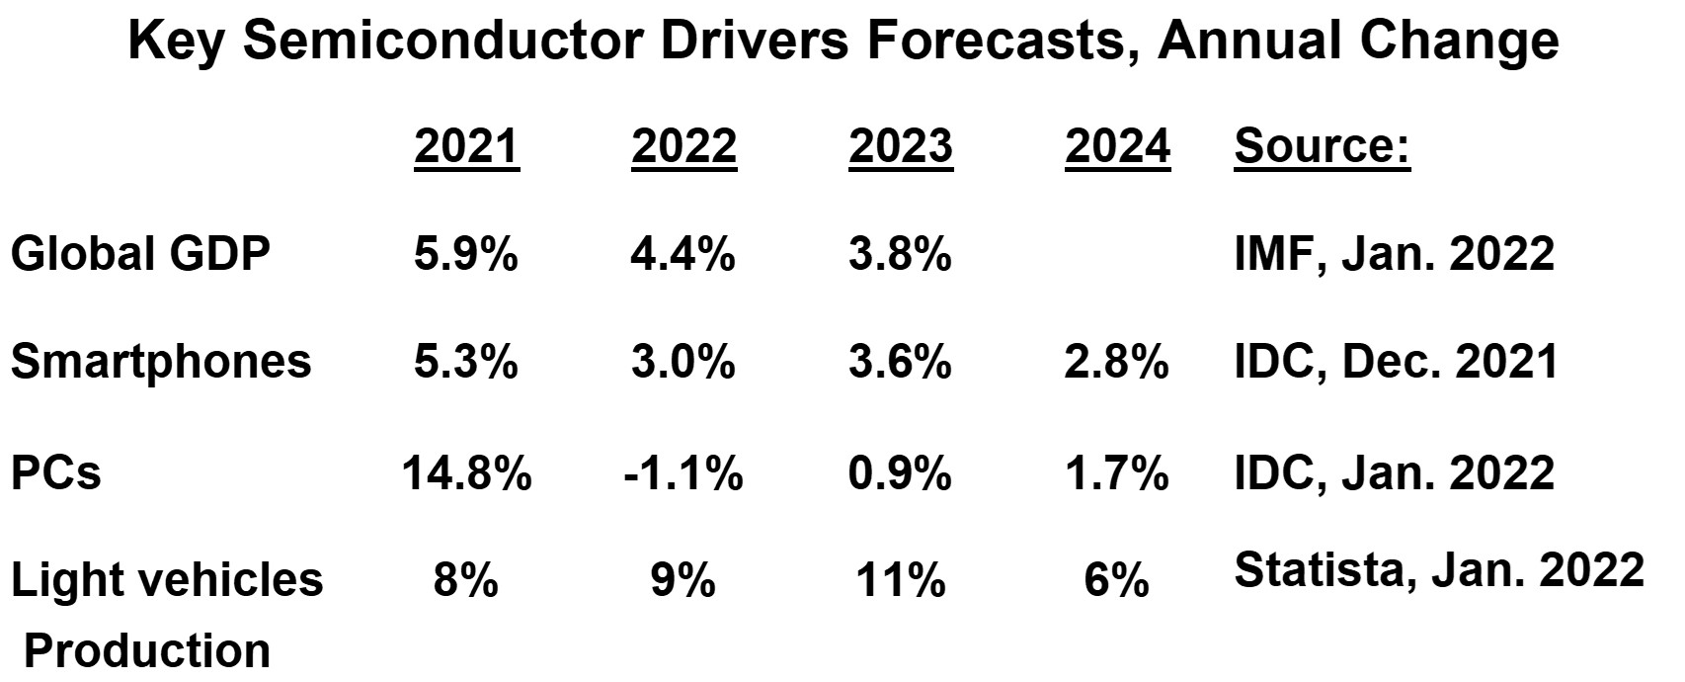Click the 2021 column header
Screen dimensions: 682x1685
(x=466, y=147)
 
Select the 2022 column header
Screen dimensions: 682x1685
(x=683, y=147)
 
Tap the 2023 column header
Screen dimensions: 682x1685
(x=901, y=147)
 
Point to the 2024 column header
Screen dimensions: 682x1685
(x=1117, y=147)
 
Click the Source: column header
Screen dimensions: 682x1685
(x=1322, y=147)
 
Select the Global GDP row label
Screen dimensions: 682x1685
(x=140, y=254)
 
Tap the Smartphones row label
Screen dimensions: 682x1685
(x=161, y=362)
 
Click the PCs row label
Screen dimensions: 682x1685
(x=55, y=472)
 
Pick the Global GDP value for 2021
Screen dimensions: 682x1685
(x=466, y=254)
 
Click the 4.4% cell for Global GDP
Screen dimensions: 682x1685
(x=682, y=254)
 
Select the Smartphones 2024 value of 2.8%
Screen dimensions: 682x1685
(x=1117, y=362)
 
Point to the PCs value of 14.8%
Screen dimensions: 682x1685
(x=466, y=472)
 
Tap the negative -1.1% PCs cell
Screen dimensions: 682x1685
(x=682, y=472)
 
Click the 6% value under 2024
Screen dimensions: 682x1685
(x=1117, y=580)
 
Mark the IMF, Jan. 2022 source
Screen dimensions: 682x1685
(x=1394, y=254)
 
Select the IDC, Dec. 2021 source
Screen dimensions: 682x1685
(x=1395, y=362)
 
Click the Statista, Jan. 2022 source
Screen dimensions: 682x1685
(x=1438, y=570)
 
